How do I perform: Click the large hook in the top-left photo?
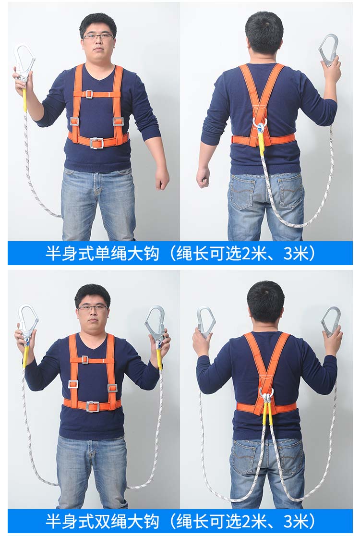24,63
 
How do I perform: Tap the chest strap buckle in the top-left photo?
89,94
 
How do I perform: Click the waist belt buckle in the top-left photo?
96,143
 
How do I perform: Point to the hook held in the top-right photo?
329,50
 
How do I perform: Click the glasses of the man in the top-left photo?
98,37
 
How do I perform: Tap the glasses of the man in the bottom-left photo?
93,308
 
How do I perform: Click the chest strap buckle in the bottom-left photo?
84,360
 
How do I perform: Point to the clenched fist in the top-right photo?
203,177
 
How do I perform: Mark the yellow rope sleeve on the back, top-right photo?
262,142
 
